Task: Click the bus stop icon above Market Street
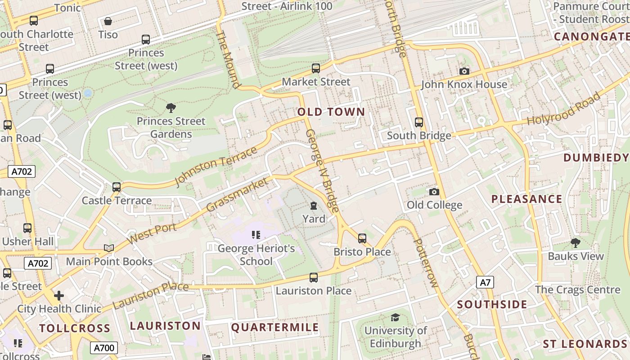[316, 68]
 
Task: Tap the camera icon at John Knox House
[464, 72]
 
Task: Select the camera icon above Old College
[434, 192]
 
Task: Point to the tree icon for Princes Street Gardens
[171, 108]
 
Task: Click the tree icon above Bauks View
[575, 243]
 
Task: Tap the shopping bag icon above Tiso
[108, 21]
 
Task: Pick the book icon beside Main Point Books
[108, 248]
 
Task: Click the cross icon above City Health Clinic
[59, 296]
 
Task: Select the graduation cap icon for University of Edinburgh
[395, 318]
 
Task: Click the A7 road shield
[485, 283]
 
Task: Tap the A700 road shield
[104, 347]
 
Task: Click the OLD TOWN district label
[331, 112]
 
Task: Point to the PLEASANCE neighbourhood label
[526, 199]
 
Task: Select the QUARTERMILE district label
[275, 328]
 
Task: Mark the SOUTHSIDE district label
[492, 305]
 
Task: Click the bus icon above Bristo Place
[362, 238]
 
